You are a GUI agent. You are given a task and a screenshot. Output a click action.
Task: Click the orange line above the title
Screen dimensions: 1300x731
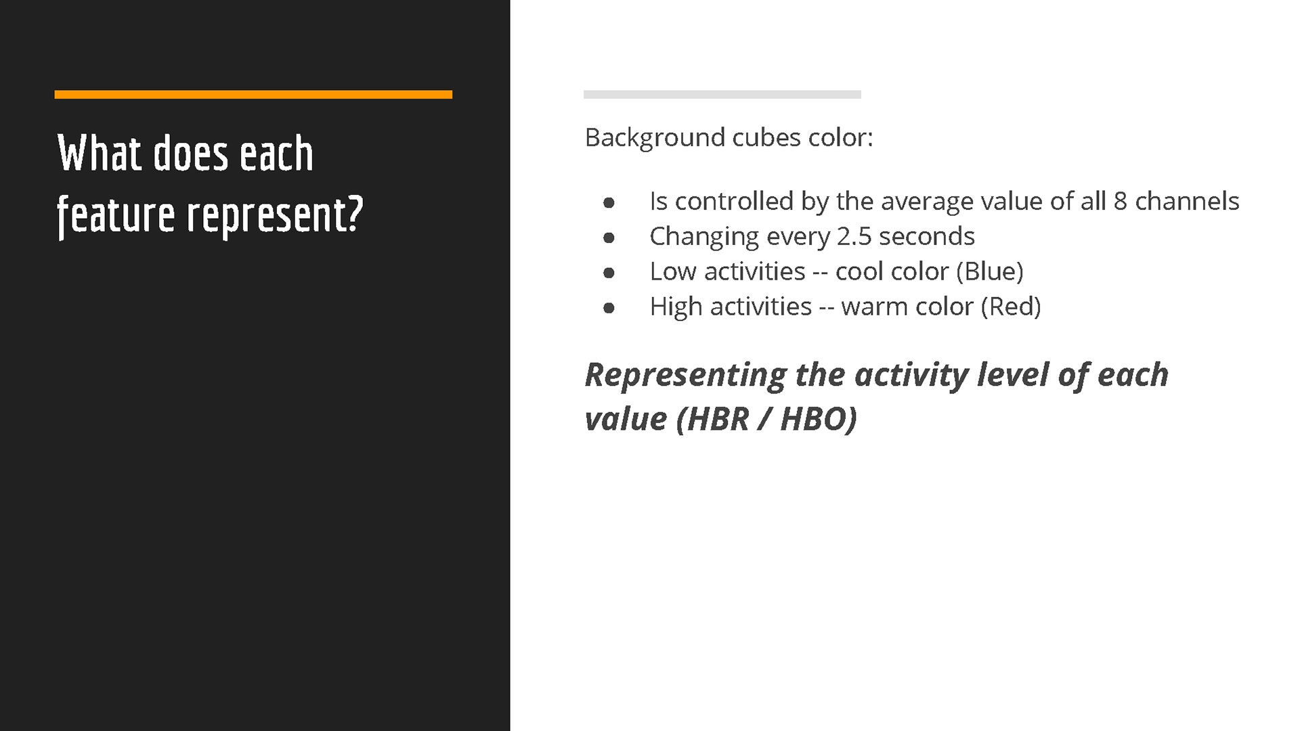point(253,95)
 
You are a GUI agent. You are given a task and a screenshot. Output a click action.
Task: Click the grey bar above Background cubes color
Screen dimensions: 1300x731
point(722,95)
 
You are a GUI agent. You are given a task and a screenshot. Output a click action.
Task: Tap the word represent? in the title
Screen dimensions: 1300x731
point(275,215)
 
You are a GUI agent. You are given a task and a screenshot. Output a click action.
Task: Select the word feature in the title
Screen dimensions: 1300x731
point(116,215)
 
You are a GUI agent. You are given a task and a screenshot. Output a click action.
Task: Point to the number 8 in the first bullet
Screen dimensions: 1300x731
point(1121,202)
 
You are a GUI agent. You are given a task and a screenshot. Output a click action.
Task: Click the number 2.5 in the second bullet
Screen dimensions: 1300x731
point(854,237)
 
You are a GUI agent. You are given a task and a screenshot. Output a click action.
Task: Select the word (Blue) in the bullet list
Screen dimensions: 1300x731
point(990,272)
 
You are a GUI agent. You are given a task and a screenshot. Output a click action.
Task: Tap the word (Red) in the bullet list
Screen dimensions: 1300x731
point(1011,307)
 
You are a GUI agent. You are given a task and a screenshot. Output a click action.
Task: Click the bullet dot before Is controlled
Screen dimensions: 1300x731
point(609,202)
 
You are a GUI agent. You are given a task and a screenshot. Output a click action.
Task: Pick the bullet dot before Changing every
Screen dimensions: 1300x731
point(609,238)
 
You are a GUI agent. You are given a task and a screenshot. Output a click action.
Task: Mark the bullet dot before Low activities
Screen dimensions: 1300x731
point(609,273)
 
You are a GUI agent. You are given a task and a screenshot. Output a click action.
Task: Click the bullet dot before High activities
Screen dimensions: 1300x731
point(609,308)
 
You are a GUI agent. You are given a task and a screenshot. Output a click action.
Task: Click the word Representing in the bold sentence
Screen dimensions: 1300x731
point(686,376)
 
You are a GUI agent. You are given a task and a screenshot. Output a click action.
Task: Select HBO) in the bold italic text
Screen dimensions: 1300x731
point(819,419)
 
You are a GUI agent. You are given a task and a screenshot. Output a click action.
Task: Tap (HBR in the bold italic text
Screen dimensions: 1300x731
point(713,419)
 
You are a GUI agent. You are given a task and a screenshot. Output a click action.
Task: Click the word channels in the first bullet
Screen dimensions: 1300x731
point(1187,202)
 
